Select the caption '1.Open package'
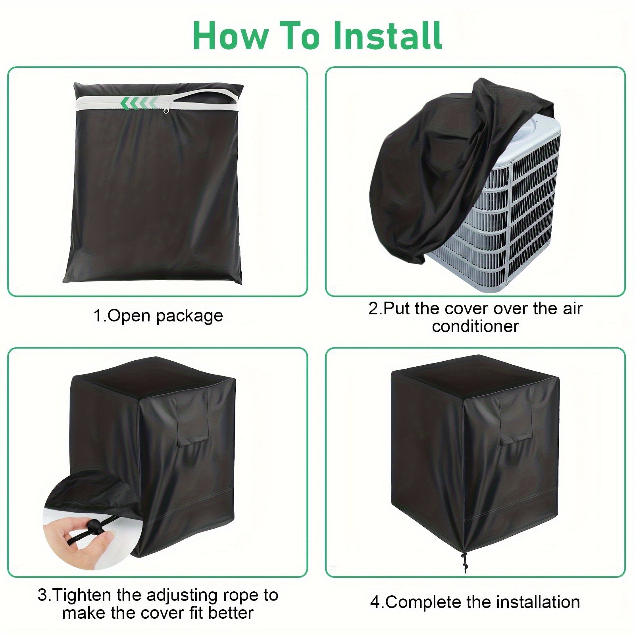158,316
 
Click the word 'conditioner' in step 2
475,326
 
